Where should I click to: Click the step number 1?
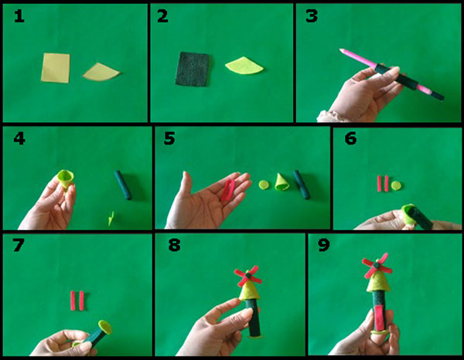tap(17, 16)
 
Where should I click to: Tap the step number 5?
tap(169, 140)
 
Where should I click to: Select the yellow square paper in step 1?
tap(56, 66)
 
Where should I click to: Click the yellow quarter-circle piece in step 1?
tap(101, 72)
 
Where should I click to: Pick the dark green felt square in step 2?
tap(193, 69)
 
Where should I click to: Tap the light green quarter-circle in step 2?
tap(244, 66)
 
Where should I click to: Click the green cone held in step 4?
tap(67, 178)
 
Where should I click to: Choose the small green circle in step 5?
tap(263, 185)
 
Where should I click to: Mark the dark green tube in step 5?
tap(301, 185)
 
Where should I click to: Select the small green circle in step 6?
tap(396, 185)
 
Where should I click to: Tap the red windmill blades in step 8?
tap(248, 275)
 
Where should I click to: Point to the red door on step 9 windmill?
tap(378, 315)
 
